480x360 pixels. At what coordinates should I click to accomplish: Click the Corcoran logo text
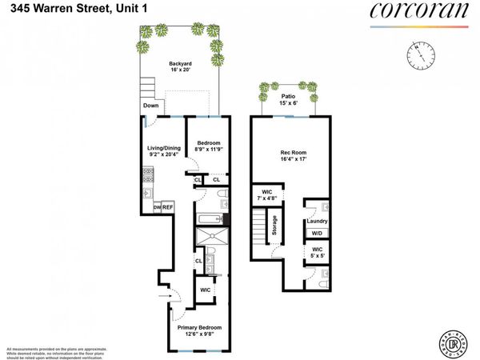click(418, 11)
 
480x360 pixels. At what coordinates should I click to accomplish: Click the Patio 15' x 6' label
click(288, 100)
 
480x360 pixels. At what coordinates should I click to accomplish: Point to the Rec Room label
click(288, 155)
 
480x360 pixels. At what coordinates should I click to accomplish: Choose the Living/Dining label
click(159, 149)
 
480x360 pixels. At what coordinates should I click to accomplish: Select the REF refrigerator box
click(169, 206)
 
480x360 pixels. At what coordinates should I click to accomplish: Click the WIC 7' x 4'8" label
click(265, 196)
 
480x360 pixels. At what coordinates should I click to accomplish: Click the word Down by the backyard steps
click(151, 106)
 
